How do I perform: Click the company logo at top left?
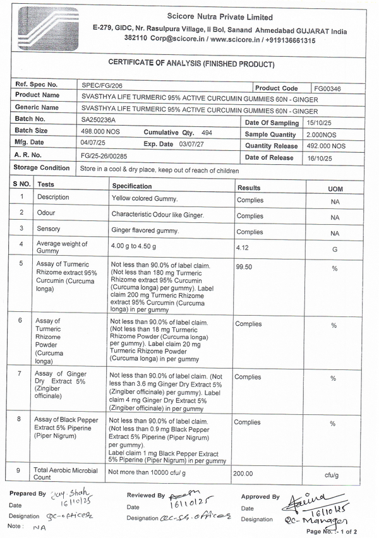point(49,28)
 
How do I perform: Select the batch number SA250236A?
point(99,119)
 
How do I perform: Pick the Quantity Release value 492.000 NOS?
point(326,146)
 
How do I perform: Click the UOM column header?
point(335,189)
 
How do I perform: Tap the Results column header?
point(248,188)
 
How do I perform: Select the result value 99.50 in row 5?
point(244,267)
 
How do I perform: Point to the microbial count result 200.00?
point(244,473)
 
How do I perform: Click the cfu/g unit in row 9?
point(333,474)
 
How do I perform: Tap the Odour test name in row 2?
point(46,213)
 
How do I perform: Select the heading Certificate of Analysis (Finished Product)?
point(191,64)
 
